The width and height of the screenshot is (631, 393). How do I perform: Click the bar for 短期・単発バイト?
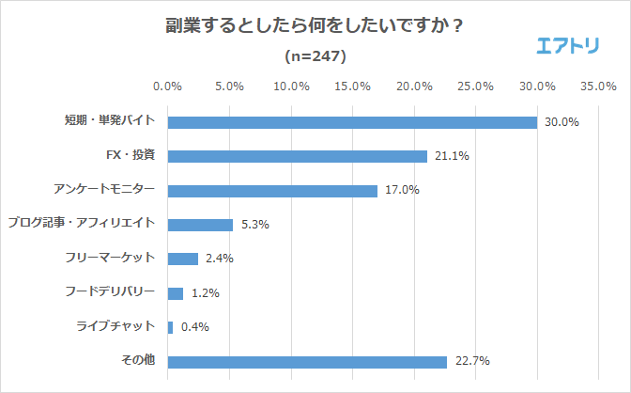pyautogui.click(x=352, y=122)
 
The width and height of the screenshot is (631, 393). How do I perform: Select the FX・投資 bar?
pyautogui.click(x=297, y=156)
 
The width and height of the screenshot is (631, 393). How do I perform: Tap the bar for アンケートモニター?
pyautogui.click(x=272, y=191)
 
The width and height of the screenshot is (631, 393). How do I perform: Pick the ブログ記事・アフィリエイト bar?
pyautogui.click(x=200, y=225)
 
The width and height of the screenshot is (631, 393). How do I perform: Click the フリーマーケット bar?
pyautogui.click(x=182, y=259)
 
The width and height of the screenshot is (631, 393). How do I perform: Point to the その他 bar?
pyautogui.click(x=307, y=362)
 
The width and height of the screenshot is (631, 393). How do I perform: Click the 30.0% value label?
pyautogui.click(x=561, y=122)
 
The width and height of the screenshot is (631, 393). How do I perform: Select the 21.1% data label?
pyautogui.click(x=451, y=156)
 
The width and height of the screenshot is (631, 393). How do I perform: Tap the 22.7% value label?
pyautogui.click(x=470, y=362)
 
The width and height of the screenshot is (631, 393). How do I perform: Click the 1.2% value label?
pyautogui.click(x=204, y=293)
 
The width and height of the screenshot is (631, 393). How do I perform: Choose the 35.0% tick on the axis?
pyautogui.click(x=598, y=86)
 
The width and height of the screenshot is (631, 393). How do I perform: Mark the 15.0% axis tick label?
pyautogui.click(x=352, y=86)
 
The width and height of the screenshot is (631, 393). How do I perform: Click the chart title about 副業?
pyautogui.click(x=315, y=26)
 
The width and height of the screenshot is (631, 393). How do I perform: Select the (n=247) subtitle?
pyautogui.click(x=315, y=55)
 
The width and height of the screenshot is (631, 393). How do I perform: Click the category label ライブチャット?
pyautogui.click(x=115, y=327)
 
